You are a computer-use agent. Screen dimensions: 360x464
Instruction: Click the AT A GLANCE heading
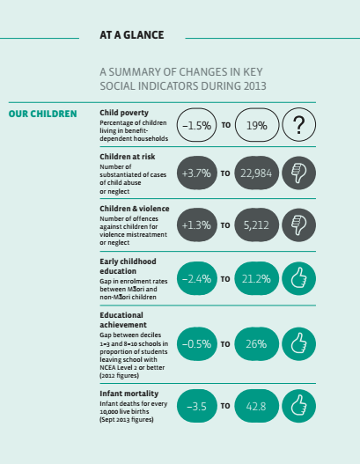click(132, 35)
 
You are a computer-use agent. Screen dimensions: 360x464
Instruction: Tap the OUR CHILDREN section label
click(42, 114)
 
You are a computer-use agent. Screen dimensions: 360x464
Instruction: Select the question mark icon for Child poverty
click(298, 124)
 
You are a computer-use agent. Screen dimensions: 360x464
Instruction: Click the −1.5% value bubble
click(196, 125)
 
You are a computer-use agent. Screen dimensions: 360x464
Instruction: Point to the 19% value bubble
click(257, 125)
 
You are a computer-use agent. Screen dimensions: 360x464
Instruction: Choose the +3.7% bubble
click(196, 173)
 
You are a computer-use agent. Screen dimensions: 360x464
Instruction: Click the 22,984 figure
click(256, 173)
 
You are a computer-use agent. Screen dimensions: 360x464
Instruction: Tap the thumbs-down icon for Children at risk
click(298, 173)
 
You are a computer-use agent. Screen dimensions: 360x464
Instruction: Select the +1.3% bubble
click(196, 225)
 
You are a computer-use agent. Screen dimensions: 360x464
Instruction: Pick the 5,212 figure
click(256, 225)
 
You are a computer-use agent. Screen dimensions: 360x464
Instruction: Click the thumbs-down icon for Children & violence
click(298, 225)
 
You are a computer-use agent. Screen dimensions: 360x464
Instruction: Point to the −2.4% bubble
click(196, 278)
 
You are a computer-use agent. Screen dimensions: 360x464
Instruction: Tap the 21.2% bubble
click(256, 278)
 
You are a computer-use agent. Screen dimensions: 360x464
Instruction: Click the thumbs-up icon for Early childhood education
click(298, 278)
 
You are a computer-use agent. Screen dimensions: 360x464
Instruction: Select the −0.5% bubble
click(196, 344)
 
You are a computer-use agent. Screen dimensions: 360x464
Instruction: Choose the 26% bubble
click(256, 344)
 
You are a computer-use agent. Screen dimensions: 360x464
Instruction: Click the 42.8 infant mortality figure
click(256, 406)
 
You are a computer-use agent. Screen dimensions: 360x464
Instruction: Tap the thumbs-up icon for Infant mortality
click(298, 406)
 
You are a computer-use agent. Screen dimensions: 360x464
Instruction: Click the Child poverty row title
click(124, 113)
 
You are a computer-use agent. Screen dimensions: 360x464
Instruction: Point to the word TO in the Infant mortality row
click(225, 406)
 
